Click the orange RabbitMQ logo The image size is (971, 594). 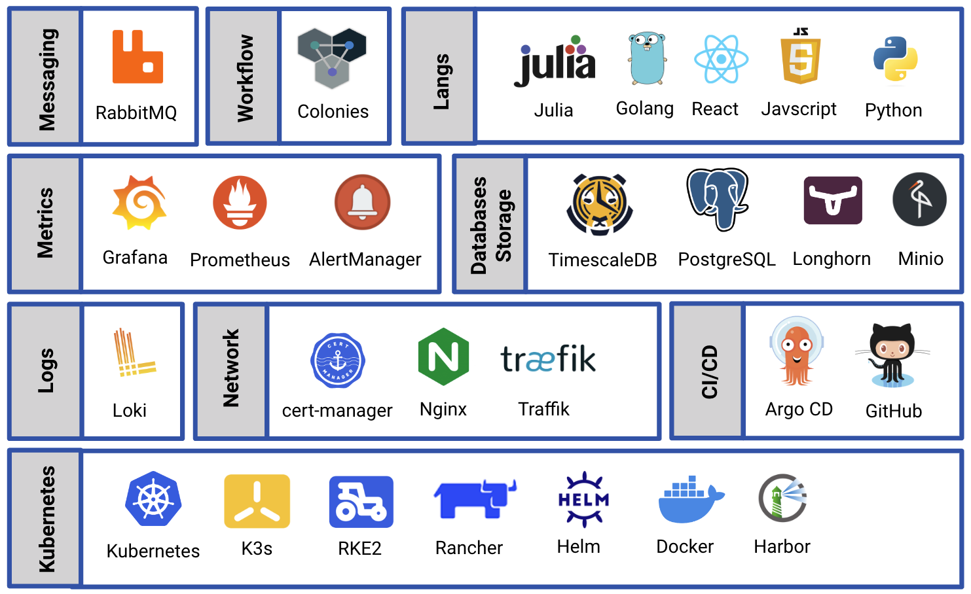pyautogui.click(x=137, y=58)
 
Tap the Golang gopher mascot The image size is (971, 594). pyautogui.click(x=646, y=59)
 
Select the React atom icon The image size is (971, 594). pyautogui.click(x=721, y=60)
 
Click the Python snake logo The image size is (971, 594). pyautogui.click(x=895, y=60)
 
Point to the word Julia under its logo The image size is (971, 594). pyautogui.click(x=553, y=110)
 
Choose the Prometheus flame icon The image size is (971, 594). pyautogui.click(x=240, y=202)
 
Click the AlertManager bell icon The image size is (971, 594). pyautogui.click(x=362, y=202)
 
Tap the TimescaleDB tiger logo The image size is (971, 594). pyautogui.click(x=599, y=205)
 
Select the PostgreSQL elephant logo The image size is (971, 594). pyautogui.click(x=718, y=199)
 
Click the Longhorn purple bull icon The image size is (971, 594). pyautogui.click(x=833, y=200)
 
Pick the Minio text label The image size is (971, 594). pyautogui.click(x=920, y=259)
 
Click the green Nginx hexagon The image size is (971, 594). pyautogui.click(x=443, y=357)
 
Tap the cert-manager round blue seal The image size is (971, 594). pyautogui.click(x=337, y=360)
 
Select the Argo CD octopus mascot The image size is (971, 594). pyautogui.click(x=796, y=351)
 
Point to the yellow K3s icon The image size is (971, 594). pyautogui.click(x=257, y=501)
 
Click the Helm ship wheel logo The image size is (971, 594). pyautogui.click(x=583, y=500)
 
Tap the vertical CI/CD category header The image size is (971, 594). pyautogui.click(x=709, y=371)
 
